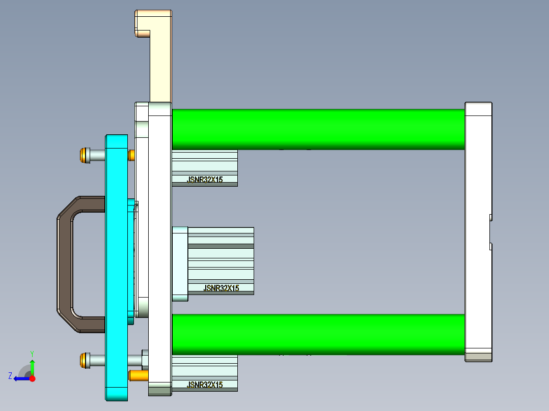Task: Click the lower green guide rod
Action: click(318, 334)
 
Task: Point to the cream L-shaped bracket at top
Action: click(160, 56)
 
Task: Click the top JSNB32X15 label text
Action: click(205, 180)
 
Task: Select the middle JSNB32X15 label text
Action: click(221, 288)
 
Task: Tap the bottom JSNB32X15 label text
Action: click(205, 385)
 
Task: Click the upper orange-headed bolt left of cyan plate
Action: click(84, 155)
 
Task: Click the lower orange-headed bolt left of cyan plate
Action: click(84, 360)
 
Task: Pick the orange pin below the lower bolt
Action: click(138, 376)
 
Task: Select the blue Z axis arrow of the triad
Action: click(21, 378)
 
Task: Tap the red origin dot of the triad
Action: click(32, 378)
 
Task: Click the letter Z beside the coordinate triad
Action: click(10, 376)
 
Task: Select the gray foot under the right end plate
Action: click(478, 356)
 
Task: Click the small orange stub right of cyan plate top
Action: click(131, 155)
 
